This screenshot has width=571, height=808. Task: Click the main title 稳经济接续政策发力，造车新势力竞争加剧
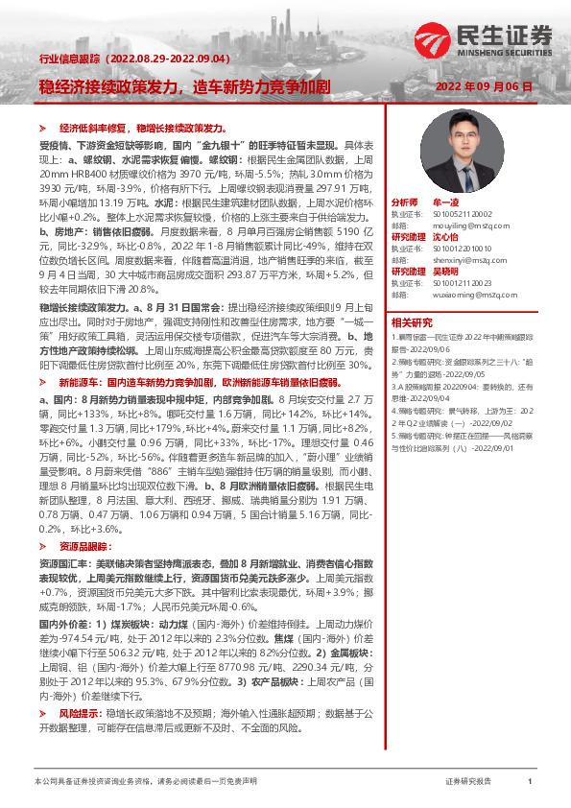184,85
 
